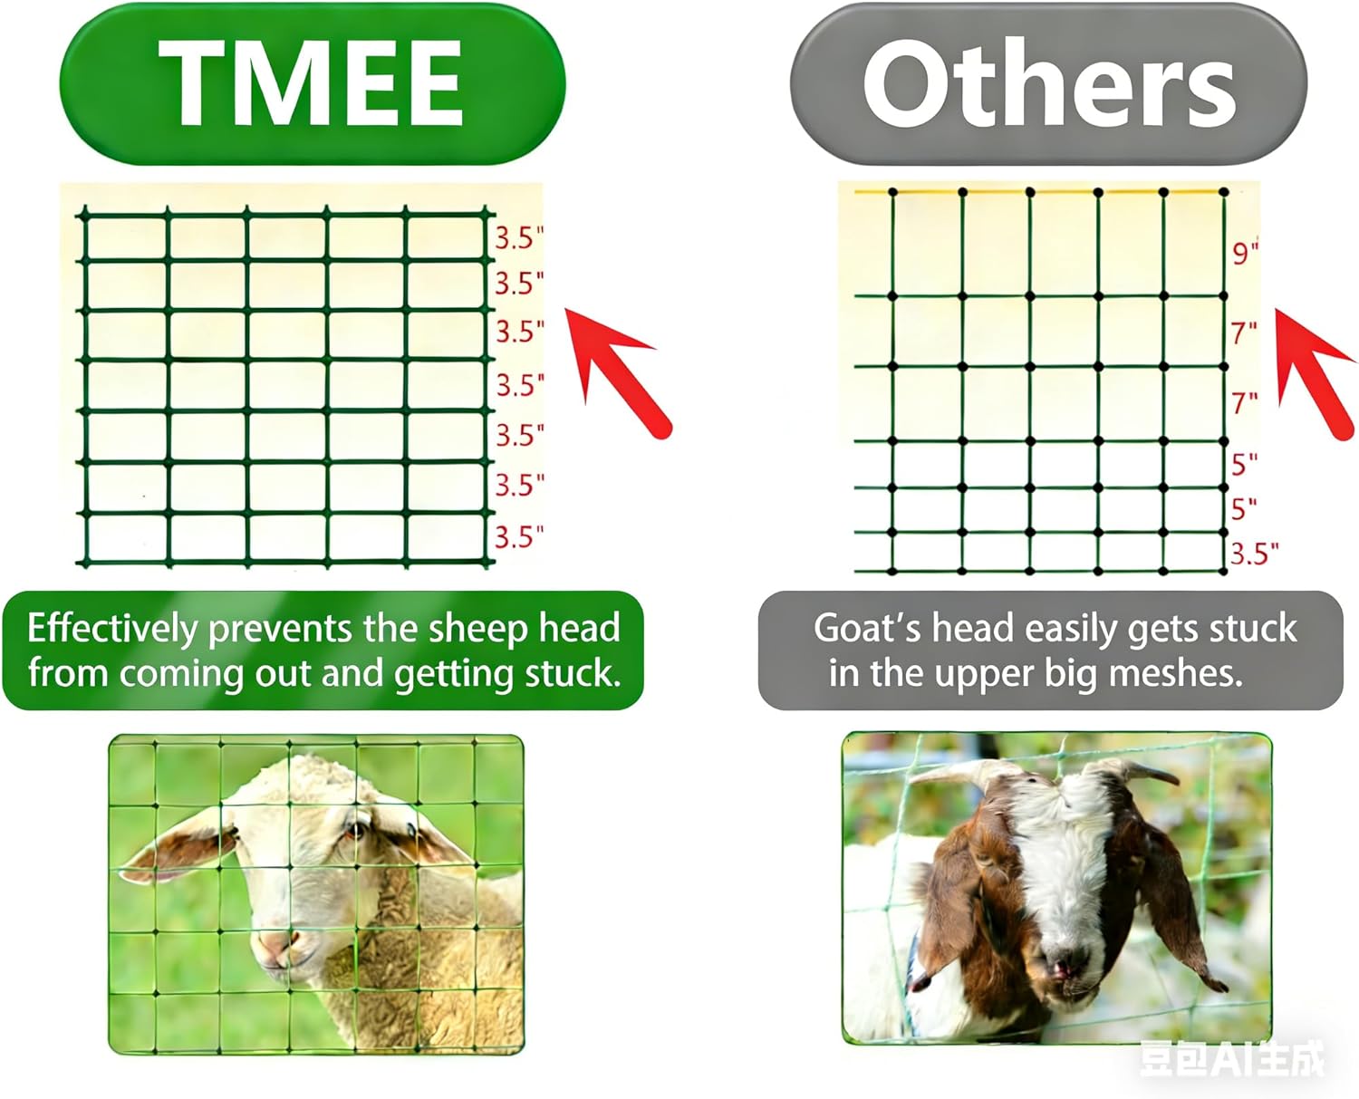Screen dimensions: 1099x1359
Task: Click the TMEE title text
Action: (311, 85)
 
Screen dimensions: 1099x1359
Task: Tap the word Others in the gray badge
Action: (1048, 85)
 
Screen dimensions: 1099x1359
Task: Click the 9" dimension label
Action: (1245, 252)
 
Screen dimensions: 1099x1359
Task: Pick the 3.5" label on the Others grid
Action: (1254, 553)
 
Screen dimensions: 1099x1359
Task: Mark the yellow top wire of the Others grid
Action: (1042, 192)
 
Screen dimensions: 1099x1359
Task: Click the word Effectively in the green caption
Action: (111, 628)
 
